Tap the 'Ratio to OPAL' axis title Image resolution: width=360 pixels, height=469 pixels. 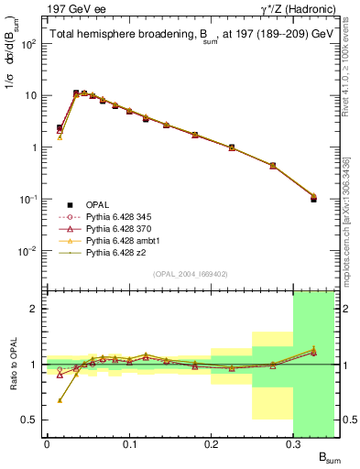tap(13, 363)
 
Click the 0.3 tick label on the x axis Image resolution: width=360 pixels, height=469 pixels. tap(293, 444)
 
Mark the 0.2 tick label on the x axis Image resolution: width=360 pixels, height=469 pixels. tap(211, 444)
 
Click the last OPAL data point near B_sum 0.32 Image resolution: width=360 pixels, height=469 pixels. tap(314, 198)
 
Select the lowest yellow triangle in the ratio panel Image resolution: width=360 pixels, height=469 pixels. tap(60, 400)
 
